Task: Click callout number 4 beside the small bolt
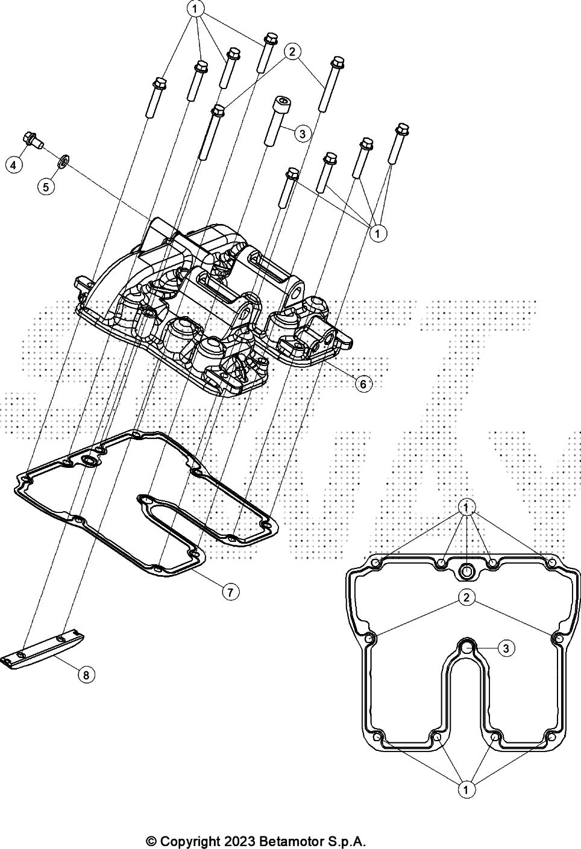[14, 165]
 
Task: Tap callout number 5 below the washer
[46, 187]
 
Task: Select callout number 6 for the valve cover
[363, 384]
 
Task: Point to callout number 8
[87, 675]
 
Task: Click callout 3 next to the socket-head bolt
[303, 134]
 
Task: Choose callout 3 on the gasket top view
[506, 648]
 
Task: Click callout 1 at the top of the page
[195, 9]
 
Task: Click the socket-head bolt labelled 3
[279, 120]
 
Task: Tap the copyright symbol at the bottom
[151, 839]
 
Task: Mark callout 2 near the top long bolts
[292, 52]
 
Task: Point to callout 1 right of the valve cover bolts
[377, 233]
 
